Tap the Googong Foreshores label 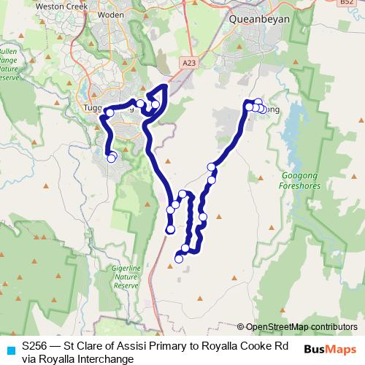click(x=300, y=181)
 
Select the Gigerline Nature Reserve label click(x=126, y=277)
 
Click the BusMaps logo click(x=329, y=350)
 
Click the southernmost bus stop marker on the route click(x=179, y=258)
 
